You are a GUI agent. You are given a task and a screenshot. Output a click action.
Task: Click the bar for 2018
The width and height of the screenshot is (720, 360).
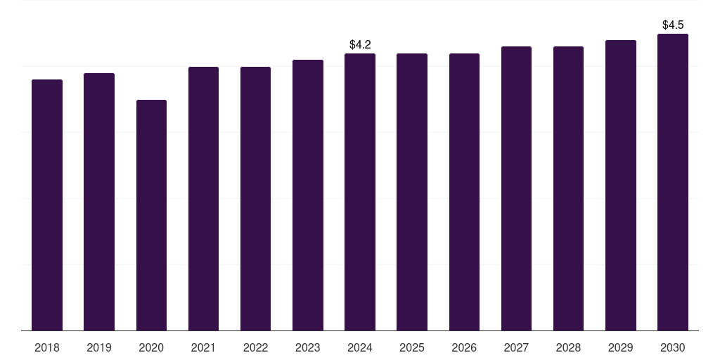click(x=47, y=205)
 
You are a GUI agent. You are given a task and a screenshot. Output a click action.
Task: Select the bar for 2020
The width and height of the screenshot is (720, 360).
click(x=151, y=215)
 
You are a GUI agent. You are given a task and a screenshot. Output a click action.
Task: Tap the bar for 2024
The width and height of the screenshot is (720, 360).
click(x=360, y=192)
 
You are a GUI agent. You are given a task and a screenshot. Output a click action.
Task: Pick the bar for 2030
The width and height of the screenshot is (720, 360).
click(x=673, y=182)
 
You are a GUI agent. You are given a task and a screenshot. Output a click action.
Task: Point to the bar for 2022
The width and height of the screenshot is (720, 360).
click(x=255, y=198)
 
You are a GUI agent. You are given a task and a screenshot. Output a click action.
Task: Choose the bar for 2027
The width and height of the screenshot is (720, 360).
click(x=516, y=188)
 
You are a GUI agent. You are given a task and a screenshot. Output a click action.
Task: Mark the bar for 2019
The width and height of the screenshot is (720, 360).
click(x=99, y=202)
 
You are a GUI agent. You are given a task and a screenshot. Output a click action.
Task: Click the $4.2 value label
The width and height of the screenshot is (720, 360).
click(x=360, y=45)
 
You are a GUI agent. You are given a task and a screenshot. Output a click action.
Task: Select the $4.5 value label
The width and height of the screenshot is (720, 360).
click(x=673, y=25)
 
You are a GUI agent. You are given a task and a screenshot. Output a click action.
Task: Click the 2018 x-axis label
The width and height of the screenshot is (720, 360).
click(x=47, y=347)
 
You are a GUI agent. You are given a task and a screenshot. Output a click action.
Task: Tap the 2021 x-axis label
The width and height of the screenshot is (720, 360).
click(x=203, y=347)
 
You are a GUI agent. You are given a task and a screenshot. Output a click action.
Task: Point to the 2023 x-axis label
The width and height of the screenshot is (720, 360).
click(x=308, y=347)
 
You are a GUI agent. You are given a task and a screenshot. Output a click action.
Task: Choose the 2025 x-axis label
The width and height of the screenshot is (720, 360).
click(x=412, y=347)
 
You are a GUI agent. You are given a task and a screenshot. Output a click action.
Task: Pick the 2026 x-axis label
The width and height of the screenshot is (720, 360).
click(x=464, y=347)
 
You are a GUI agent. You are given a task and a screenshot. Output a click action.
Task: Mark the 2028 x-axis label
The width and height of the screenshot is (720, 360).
click(x=568, y=347)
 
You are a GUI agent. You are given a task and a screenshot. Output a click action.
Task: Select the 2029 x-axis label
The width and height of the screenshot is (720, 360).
click(x=620, y=347)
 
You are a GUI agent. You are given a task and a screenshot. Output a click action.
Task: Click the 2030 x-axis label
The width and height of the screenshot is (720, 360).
click(x=673, y=347)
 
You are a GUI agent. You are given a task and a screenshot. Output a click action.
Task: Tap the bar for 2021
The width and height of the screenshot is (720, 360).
click(x=203, y=198)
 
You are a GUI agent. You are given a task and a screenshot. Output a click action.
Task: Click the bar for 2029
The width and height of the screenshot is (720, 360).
click(x=620, y=186)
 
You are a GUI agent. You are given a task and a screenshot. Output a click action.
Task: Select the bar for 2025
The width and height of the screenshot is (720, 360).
click(x=412, y=192)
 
